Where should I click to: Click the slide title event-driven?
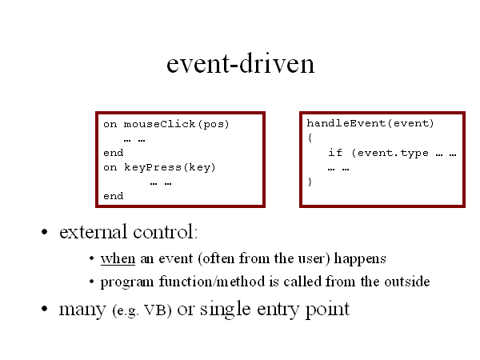point(240,63)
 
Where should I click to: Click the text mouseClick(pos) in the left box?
point(176,124)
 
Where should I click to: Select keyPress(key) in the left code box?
point(170,167)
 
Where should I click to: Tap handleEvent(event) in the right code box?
point(370,123)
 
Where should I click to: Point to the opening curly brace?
point(310,138)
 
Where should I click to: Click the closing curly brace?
point(310,182)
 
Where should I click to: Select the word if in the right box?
point(335,152)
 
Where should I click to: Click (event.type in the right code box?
point(390,153)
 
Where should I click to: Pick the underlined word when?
point(118,258)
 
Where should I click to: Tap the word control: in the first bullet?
point(166,232)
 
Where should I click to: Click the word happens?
point(360,259)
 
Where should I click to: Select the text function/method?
point(212,282)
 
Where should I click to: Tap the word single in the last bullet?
point(226,309)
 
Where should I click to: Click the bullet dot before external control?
point(45,232)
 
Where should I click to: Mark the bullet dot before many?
point(45,309)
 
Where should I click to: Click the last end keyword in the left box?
point(114,196)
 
